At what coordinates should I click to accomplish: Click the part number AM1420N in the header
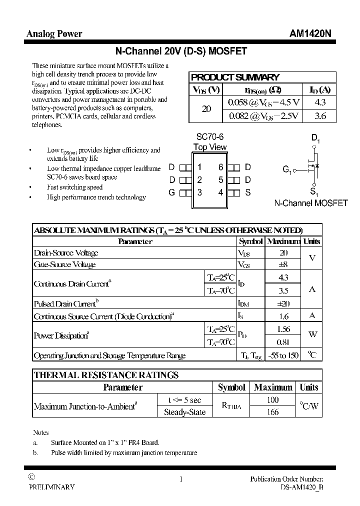[x=309, y=34]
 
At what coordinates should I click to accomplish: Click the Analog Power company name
[x=54, y=34]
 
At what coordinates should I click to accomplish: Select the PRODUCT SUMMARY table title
[x=235, y=77]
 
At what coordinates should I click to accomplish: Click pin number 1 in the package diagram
[x=199, y=167]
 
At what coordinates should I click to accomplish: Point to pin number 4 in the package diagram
[x=220, y=192]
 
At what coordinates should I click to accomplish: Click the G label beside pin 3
[x=171, y=192]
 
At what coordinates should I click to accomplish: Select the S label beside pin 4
[x=247, y=192]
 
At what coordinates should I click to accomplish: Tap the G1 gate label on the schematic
[x=287, y=170]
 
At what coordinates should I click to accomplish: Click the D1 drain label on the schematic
[x=315, y=138]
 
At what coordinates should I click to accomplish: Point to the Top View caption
[x=210, y=147]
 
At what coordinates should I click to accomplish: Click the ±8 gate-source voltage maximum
[x=283, y=264]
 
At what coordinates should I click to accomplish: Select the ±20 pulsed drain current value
[x=283, y=303]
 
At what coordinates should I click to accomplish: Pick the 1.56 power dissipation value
[x=283, y=329]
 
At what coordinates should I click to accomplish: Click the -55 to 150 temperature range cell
[x=283, y=355]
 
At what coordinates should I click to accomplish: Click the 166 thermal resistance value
[x=273, y=412]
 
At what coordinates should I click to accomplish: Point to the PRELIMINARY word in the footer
[x=51, y=487]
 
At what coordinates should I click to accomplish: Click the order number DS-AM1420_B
[x=301, y=487]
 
